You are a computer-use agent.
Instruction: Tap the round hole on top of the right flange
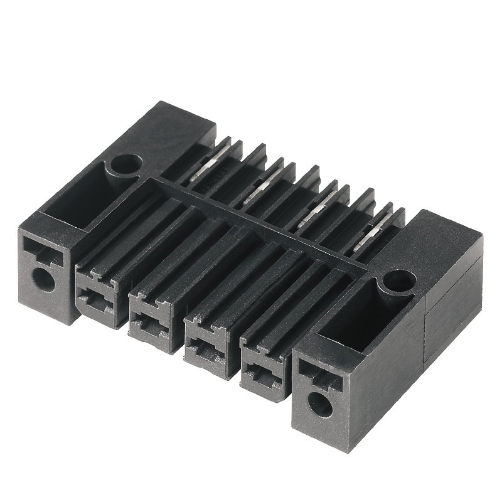(x=399, y=280)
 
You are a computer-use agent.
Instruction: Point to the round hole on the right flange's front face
(x=320, y=405)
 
